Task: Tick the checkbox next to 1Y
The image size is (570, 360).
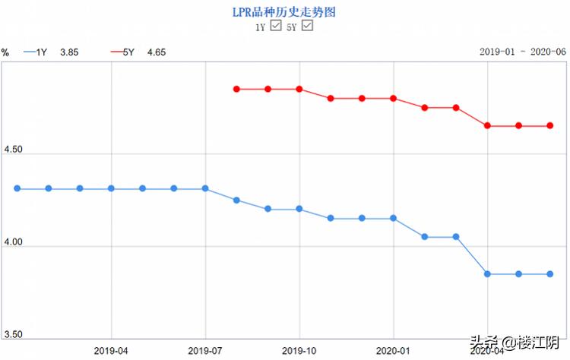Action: coord(277,26)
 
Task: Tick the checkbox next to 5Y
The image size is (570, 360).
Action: coord(308,26)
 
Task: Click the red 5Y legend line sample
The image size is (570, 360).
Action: coord(117,52)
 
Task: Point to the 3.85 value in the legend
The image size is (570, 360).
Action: coord(68,52)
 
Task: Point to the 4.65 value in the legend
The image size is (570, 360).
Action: coord(157,52)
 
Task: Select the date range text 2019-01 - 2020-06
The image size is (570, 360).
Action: coord(522,52)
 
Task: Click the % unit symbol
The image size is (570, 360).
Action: coord(5,52)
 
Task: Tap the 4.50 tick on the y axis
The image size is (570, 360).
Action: coord(13,150)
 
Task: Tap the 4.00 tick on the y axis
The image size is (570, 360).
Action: coord(13,242)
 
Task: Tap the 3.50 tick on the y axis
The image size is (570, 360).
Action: coord(13,334)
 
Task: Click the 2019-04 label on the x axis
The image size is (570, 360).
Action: coord(112,351)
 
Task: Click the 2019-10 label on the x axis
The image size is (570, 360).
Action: coord(299,351)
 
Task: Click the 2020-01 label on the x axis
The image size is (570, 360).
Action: coord(393,351)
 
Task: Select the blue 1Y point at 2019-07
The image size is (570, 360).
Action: coord(205,188)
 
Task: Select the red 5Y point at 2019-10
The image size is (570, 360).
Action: coord(299,89)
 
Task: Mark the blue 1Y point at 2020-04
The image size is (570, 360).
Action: coord(487,273)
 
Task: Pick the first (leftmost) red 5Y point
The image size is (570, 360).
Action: coord(236,89)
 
